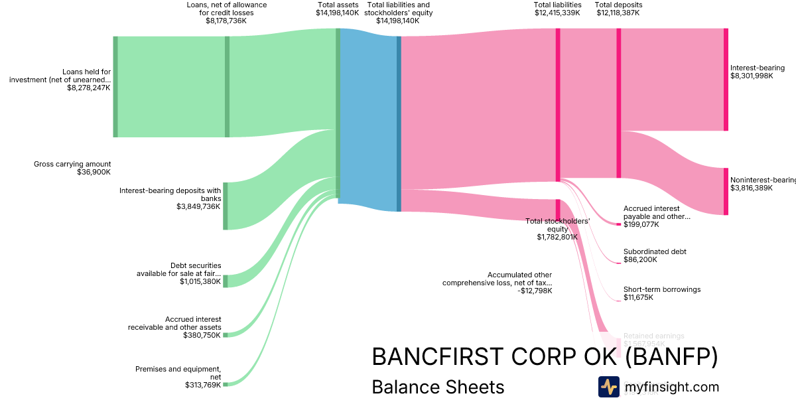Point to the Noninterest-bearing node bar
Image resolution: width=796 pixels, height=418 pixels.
point(726,191)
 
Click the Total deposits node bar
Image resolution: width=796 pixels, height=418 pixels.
point(619,103)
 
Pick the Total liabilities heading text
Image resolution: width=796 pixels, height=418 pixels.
point(557,5)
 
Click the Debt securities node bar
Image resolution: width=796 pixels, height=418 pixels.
point(226,281)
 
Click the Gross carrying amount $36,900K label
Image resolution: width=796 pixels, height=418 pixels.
point(72,168)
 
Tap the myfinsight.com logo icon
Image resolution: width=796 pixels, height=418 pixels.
point(608,387)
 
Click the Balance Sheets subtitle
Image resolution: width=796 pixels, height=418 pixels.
point(438,387)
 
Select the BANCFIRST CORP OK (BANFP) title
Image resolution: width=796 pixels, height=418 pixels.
point(545,357)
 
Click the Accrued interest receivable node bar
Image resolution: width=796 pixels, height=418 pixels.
point(226,335)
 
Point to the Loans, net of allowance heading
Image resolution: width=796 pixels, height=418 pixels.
point(226,13)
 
